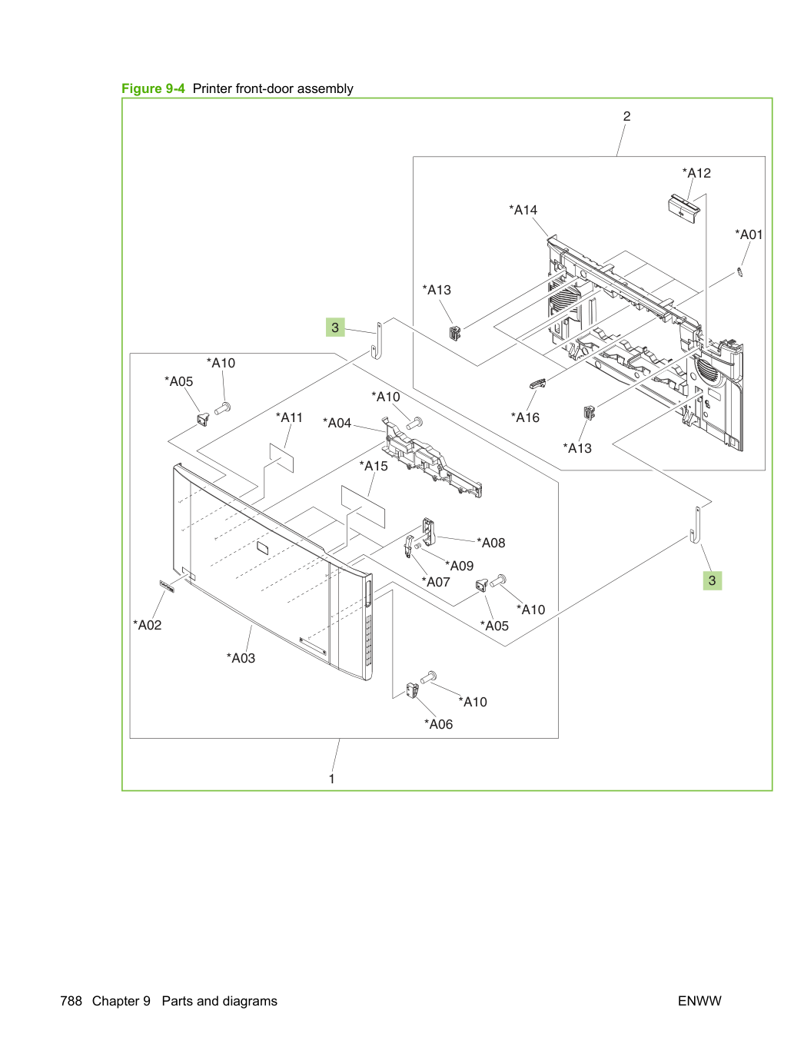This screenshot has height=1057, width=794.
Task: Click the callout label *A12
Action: click(696, 173)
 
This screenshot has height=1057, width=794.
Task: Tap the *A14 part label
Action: click(523, 210)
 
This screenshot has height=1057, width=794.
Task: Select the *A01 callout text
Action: click(749, 234)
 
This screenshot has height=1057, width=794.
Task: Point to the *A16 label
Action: click(525, 417)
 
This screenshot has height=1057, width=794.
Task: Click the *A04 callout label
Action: click(337, 423)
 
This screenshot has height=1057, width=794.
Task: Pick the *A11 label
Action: click(289, 417)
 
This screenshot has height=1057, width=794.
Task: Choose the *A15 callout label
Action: click(373, 466)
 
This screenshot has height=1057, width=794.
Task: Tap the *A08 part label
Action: click(490, 543)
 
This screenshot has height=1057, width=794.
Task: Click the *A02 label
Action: click(147, 625)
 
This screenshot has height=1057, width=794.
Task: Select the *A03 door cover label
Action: click(241, 658)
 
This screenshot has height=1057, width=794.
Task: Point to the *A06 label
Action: click(438, 724)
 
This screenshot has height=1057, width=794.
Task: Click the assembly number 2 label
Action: click(626, 116)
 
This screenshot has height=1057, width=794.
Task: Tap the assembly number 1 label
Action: click(332, 779)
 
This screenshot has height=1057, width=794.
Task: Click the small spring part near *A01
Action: click(740, 273)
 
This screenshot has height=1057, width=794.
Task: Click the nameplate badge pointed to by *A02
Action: click(167, 587)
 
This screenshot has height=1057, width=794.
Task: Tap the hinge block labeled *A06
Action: click(412, 690)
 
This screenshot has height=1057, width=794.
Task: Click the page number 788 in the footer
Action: click(71, 1001)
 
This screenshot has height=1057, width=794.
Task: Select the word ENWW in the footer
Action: click(699, 1001)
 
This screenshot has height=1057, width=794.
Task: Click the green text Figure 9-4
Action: click(153, 88)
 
